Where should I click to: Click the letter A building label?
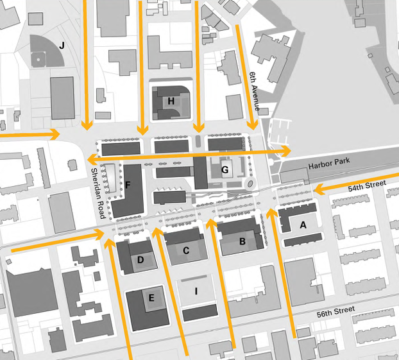303,225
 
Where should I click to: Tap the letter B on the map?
242,242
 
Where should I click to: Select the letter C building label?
186,251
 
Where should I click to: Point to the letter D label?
141,260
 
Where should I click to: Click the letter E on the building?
151,298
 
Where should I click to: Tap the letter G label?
225,171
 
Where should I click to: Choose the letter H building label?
171,101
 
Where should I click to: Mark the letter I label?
197,291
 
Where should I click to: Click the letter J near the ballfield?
62,45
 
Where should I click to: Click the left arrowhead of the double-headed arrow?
90,159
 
